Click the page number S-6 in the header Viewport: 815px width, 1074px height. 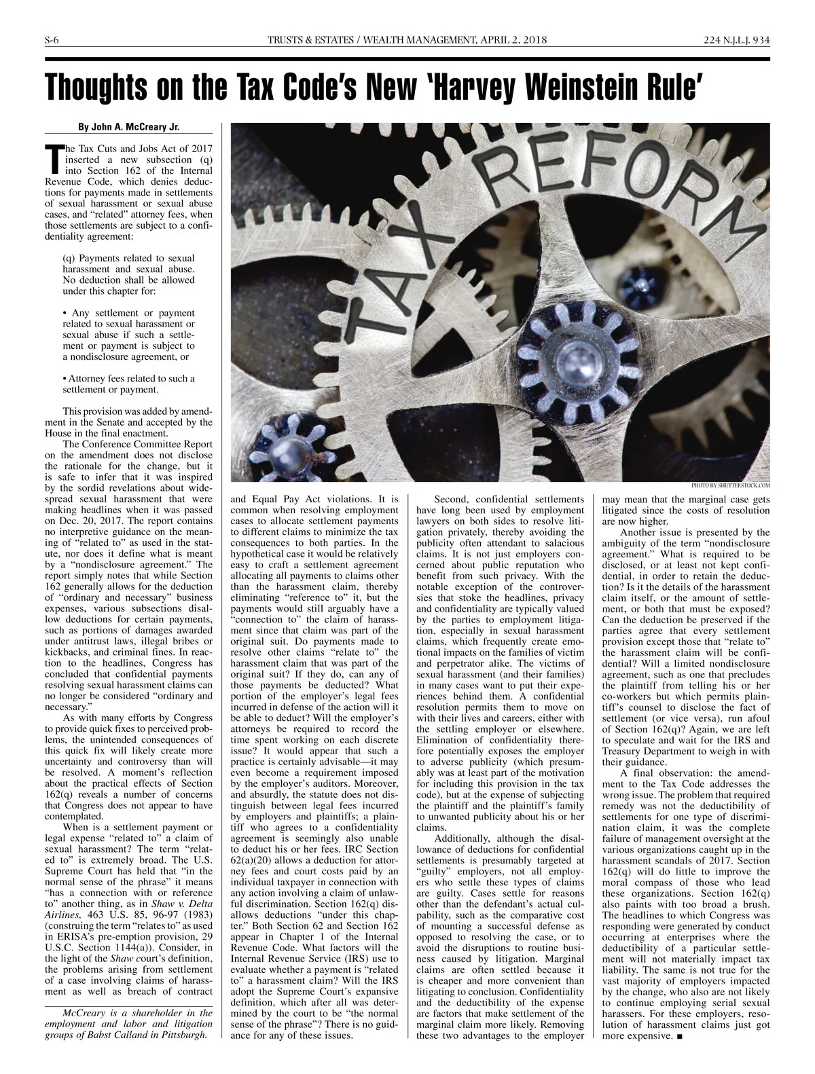coord(52,40)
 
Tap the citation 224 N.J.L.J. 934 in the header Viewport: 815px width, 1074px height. coord(737,40)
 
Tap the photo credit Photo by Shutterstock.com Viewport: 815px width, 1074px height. coord(731,485)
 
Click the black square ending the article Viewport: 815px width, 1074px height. coord(680,1037)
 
